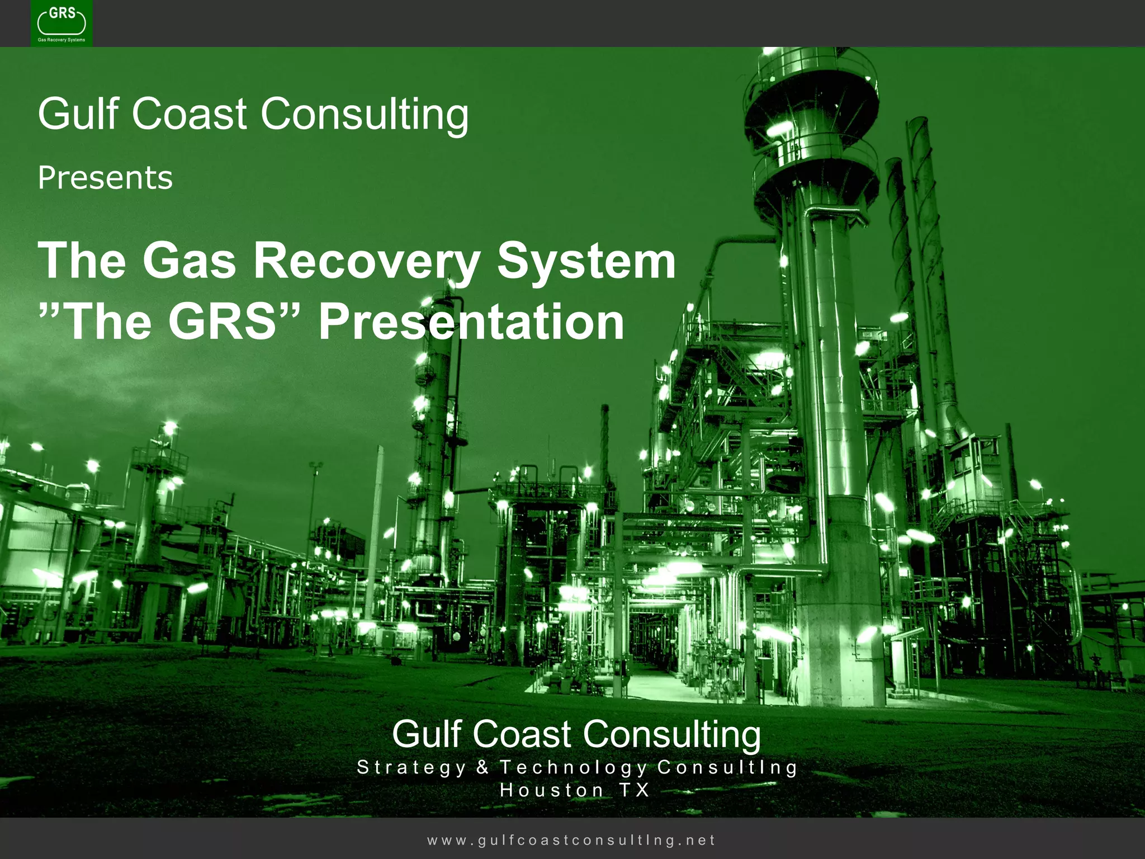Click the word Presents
105,178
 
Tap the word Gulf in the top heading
78,114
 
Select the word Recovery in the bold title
367,261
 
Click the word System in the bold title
586,261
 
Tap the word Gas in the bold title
189,261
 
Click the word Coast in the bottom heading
522,734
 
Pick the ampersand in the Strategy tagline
482,767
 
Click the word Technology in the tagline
573,767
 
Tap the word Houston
551,790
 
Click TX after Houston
634,790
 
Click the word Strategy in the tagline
411,767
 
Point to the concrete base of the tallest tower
839,615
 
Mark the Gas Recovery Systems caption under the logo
61,40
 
